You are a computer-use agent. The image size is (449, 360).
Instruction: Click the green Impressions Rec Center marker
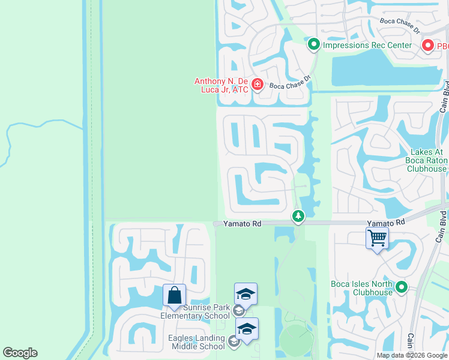coord(313,44)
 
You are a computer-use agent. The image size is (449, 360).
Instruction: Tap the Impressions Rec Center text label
coord(367,45)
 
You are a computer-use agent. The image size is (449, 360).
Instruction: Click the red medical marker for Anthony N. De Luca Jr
coord(257,84)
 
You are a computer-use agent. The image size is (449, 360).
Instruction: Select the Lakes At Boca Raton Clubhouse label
coord(427,160)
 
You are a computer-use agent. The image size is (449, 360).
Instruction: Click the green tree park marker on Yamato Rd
coord(297,215)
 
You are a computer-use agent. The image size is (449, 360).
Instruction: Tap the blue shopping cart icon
coord(377,238)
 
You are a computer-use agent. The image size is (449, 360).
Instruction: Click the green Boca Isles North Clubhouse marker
coord(401,288)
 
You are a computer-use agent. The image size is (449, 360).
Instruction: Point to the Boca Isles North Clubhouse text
coord(361,288)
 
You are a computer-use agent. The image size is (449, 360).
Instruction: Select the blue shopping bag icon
coord(174,296)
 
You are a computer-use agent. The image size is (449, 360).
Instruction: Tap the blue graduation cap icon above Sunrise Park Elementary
coord(246,294)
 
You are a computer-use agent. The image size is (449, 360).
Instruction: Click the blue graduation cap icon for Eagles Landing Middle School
coord(247,329)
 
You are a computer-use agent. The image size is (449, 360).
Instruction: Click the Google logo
coord(20,353)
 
